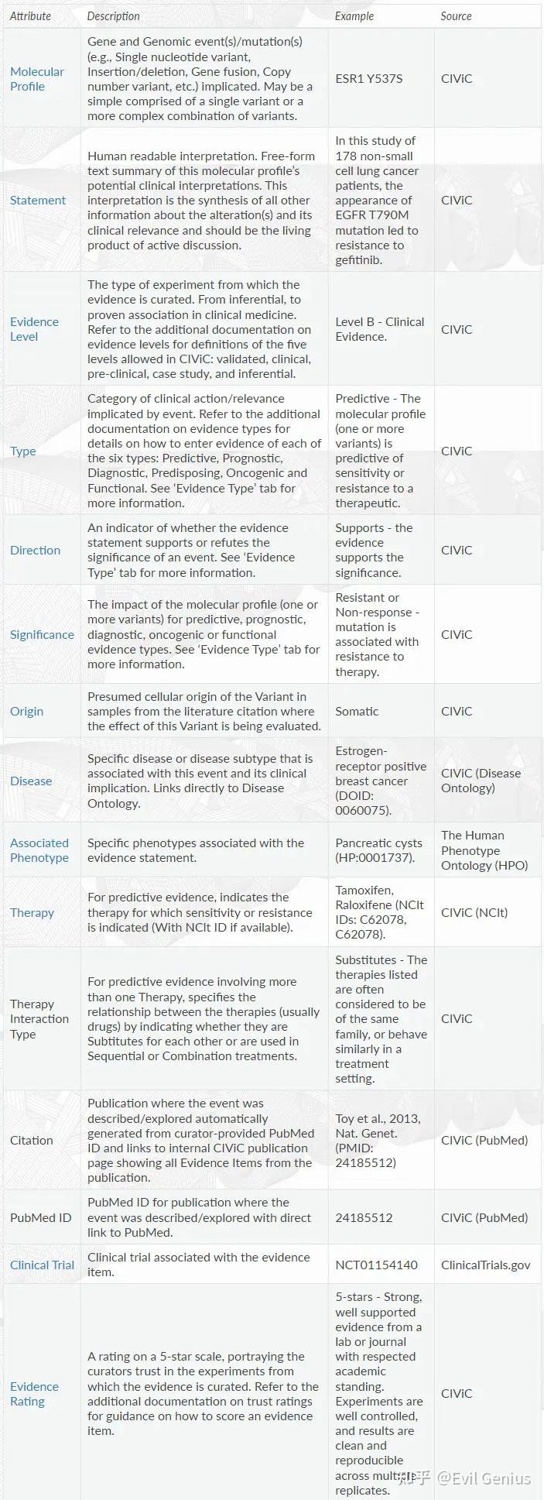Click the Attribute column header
coord(30,16)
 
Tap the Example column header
coord(354,16)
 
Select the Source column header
coord(456,16)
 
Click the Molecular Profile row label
coord(36,79)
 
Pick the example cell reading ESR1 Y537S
coord(368,79)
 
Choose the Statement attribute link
coord(38,201)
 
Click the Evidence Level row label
coord(34,329)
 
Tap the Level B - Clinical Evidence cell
coord(379,329)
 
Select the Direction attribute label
coord(35,551)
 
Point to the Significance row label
coord(42,635)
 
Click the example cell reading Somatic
coord(357,712)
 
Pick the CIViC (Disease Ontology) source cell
coord(481,781)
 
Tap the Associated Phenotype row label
coord(39,850)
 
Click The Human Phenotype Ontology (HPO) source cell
coord(484,850)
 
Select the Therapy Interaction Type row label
coord(39,1019)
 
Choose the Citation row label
coord(32,1141)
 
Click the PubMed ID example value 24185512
coord(364,1218)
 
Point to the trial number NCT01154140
coord(376,1265)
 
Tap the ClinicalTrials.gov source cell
coord(486,1265)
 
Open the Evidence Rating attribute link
coord(34,1394)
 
